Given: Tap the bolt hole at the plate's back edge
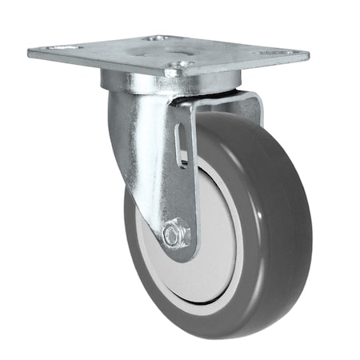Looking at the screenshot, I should pos(157,38).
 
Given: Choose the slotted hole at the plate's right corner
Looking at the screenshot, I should pos(275,54).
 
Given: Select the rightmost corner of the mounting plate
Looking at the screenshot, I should pos(307,56).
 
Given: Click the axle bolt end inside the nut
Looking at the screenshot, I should pos(172,235).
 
